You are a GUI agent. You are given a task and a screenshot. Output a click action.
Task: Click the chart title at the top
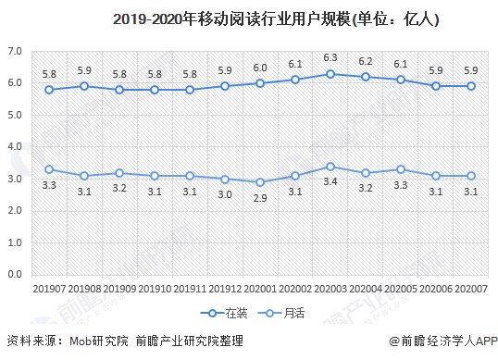[250, 18]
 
